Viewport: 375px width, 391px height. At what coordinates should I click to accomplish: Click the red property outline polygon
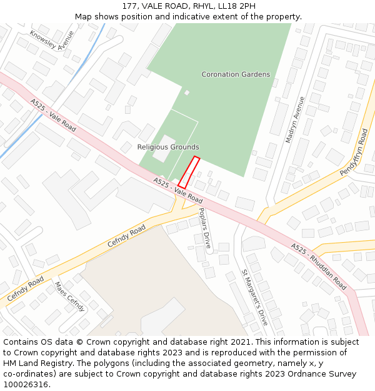point(189,172)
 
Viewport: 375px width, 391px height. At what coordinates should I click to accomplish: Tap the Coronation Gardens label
point(236,74)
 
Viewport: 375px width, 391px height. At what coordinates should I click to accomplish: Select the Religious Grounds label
point(168,147)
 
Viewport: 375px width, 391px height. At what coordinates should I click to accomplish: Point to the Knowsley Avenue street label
point(52,41)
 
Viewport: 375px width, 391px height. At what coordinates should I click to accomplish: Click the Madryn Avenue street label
point(294,119)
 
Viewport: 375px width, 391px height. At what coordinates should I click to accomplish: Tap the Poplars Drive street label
point(204,226)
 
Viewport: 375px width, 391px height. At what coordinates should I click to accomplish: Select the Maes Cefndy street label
point(69,296)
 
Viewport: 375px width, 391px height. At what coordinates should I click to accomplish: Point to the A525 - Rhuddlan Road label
point(319,267)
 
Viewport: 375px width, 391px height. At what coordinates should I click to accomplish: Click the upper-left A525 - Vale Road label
point(53,115)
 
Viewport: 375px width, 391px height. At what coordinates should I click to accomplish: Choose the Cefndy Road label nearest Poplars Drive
point(126,236)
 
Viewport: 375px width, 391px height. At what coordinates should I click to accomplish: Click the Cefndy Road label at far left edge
point(26,290)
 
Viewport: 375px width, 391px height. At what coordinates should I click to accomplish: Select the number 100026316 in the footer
point(25,384)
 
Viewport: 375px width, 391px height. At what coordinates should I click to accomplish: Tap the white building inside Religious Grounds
point(164,148)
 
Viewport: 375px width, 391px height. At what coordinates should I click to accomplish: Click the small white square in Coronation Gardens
point(186,93)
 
